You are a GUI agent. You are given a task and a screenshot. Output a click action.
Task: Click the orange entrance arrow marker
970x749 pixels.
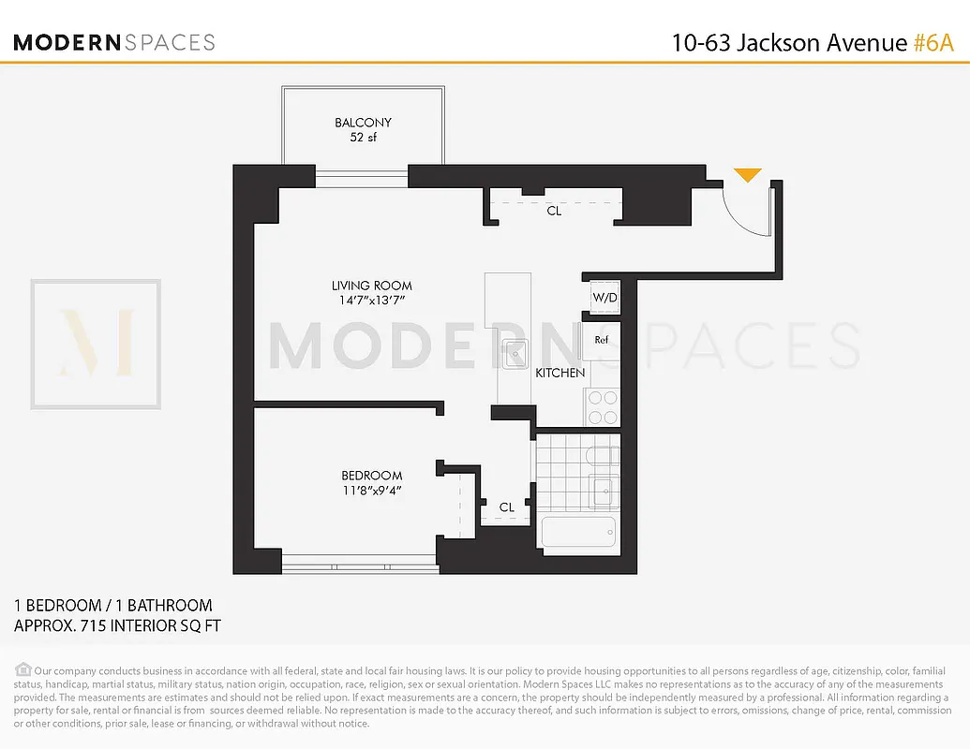(747, 175)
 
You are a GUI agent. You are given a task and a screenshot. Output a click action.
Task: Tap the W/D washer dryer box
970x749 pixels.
(602, 298)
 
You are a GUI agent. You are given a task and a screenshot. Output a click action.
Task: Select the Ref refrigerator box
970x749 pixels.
(601, 340)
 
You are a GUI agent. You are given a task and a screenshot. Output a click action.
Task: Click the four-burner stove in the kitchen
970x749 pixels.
(602, 407)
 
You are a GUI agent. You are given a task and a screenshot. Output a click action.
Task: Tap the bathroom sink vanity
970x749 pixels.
(604, 489)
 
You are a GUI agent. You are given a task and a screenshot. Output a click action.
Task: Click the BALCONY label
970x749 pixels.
(363, 123)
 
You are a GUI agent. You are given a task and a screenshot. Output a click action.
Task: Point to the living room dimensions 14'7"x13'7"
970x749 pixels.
(372, 301)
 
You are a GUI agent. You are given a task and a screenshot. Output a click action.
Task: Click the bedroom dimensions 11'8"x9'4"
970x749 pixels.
(371, 490)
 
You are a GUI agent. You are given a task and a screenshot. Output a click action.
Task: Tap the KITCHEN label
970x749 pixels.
(560, 373)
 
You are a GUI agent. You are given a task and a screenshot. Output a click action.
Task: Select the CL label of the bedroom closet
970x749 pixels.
(506, 507)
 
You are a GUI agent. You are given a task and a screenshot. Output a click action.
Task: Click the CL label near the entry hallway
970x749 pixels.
(554, 212)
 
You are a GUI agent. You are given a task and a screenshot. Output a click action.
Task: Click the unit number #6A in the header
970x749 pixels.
(935, 43)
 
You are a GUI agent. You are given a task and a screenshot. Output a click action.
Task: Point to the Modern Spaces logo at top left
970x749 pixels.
(114, 42)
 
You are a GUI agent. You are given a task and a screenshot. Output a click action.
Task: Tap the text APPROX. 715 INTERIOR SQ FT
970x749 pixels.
(118, 625)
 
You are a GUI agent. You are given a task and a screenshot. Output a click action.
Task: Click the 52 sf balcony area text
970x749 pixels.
(363, 138)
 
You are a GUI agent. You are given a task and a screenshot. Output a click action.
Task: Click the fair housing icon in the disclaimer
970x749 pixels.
(23, 669)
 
